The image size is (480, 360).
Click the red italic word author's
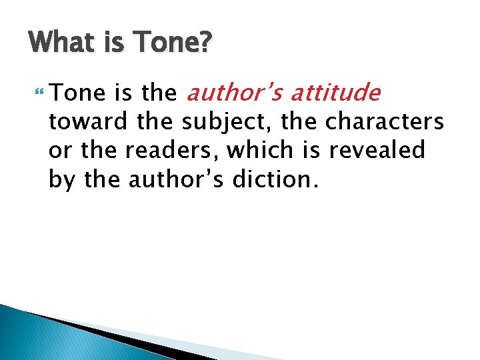coord(232,94)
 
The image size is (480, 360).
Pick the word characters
coord(385,122)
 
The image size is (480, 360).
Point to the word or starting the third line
coord(58,151)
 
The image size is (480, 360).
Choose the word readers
coord(164,151)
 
